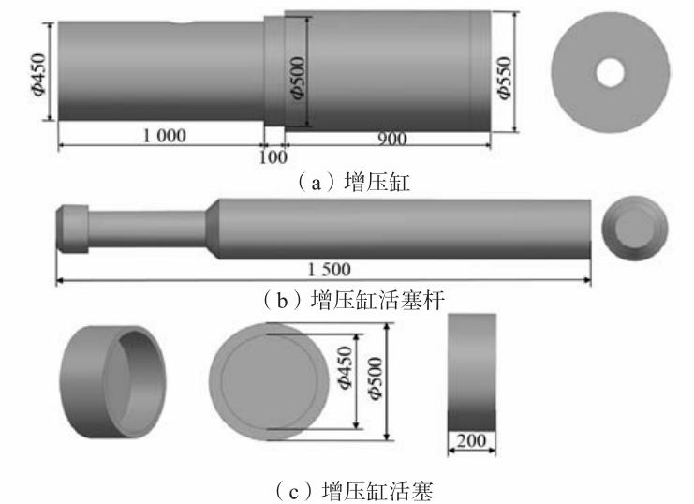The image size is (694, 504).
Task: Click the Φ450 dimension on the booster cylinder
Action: pos(39,74)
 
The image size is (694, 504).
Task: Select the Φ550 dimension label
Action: pos(504,78)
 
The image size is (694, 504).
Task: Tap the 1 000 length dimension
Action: pos(164,135)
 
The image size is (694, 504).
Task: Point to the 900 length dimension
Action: pos(392,139)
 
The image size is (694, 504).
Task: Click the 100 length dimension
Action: pos(273,156)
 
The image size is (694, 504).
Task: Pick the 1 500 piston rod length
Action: pos(330,269)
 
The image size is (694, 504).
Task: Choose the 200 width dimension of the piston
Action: pos(471,440)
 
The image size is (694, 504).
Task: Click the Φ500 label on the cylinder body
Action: pos(298,78)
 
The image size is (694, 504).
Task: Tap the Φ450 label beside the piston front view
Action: pos(346,367)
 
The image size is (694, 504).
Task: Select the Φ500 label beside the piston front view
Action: pos(376,378)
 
